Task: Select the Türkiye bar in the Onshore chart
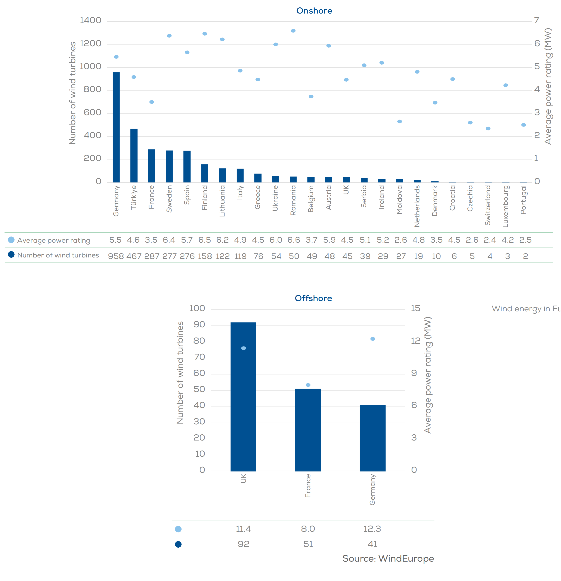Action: [x=134, y=155]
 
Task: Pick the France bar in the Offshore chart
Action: [x=308, y=430]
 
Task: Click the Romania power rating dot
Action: [x=293, y=31]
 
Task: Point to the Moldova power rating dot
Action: [x=399, y=122]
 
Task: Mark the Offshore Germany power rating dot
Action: [x=373, y=339]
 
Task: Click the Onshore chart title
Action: [x=314, y=11]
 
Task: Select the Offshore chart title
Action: [x=313, y=298]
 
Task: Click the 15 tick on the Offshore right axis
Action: [x=415, y=308]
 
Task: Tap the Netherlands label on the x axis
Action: [x=417, y=206]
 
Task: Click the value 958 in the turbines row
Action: [x=116, y=256]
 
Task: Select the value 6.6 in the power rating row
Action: [x=293, y=240]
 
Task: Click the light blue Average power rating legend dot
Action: [x=11, y=240]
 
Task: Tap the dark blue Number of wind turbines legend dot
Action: [x=11, y=254]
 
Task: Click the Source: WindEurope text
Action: [x=388, y=559]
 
